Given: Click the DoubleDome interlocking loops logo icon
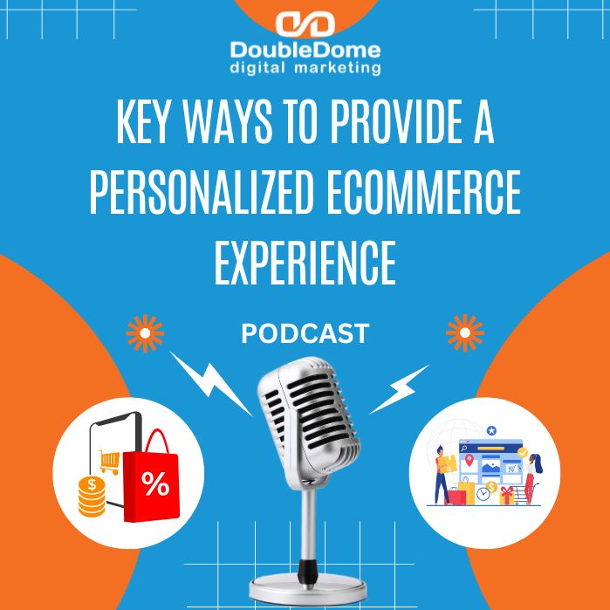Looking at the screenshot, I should click(305, 24).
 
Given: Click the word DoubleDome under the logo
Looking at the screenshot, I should click(305, 49).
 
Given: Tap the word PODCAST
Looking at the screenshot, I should click(305, 333).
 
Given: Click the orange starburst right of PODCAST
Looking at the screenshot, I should click(464, 333).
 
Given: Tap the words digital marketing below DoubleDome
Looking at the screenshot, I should click(305, 66).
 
